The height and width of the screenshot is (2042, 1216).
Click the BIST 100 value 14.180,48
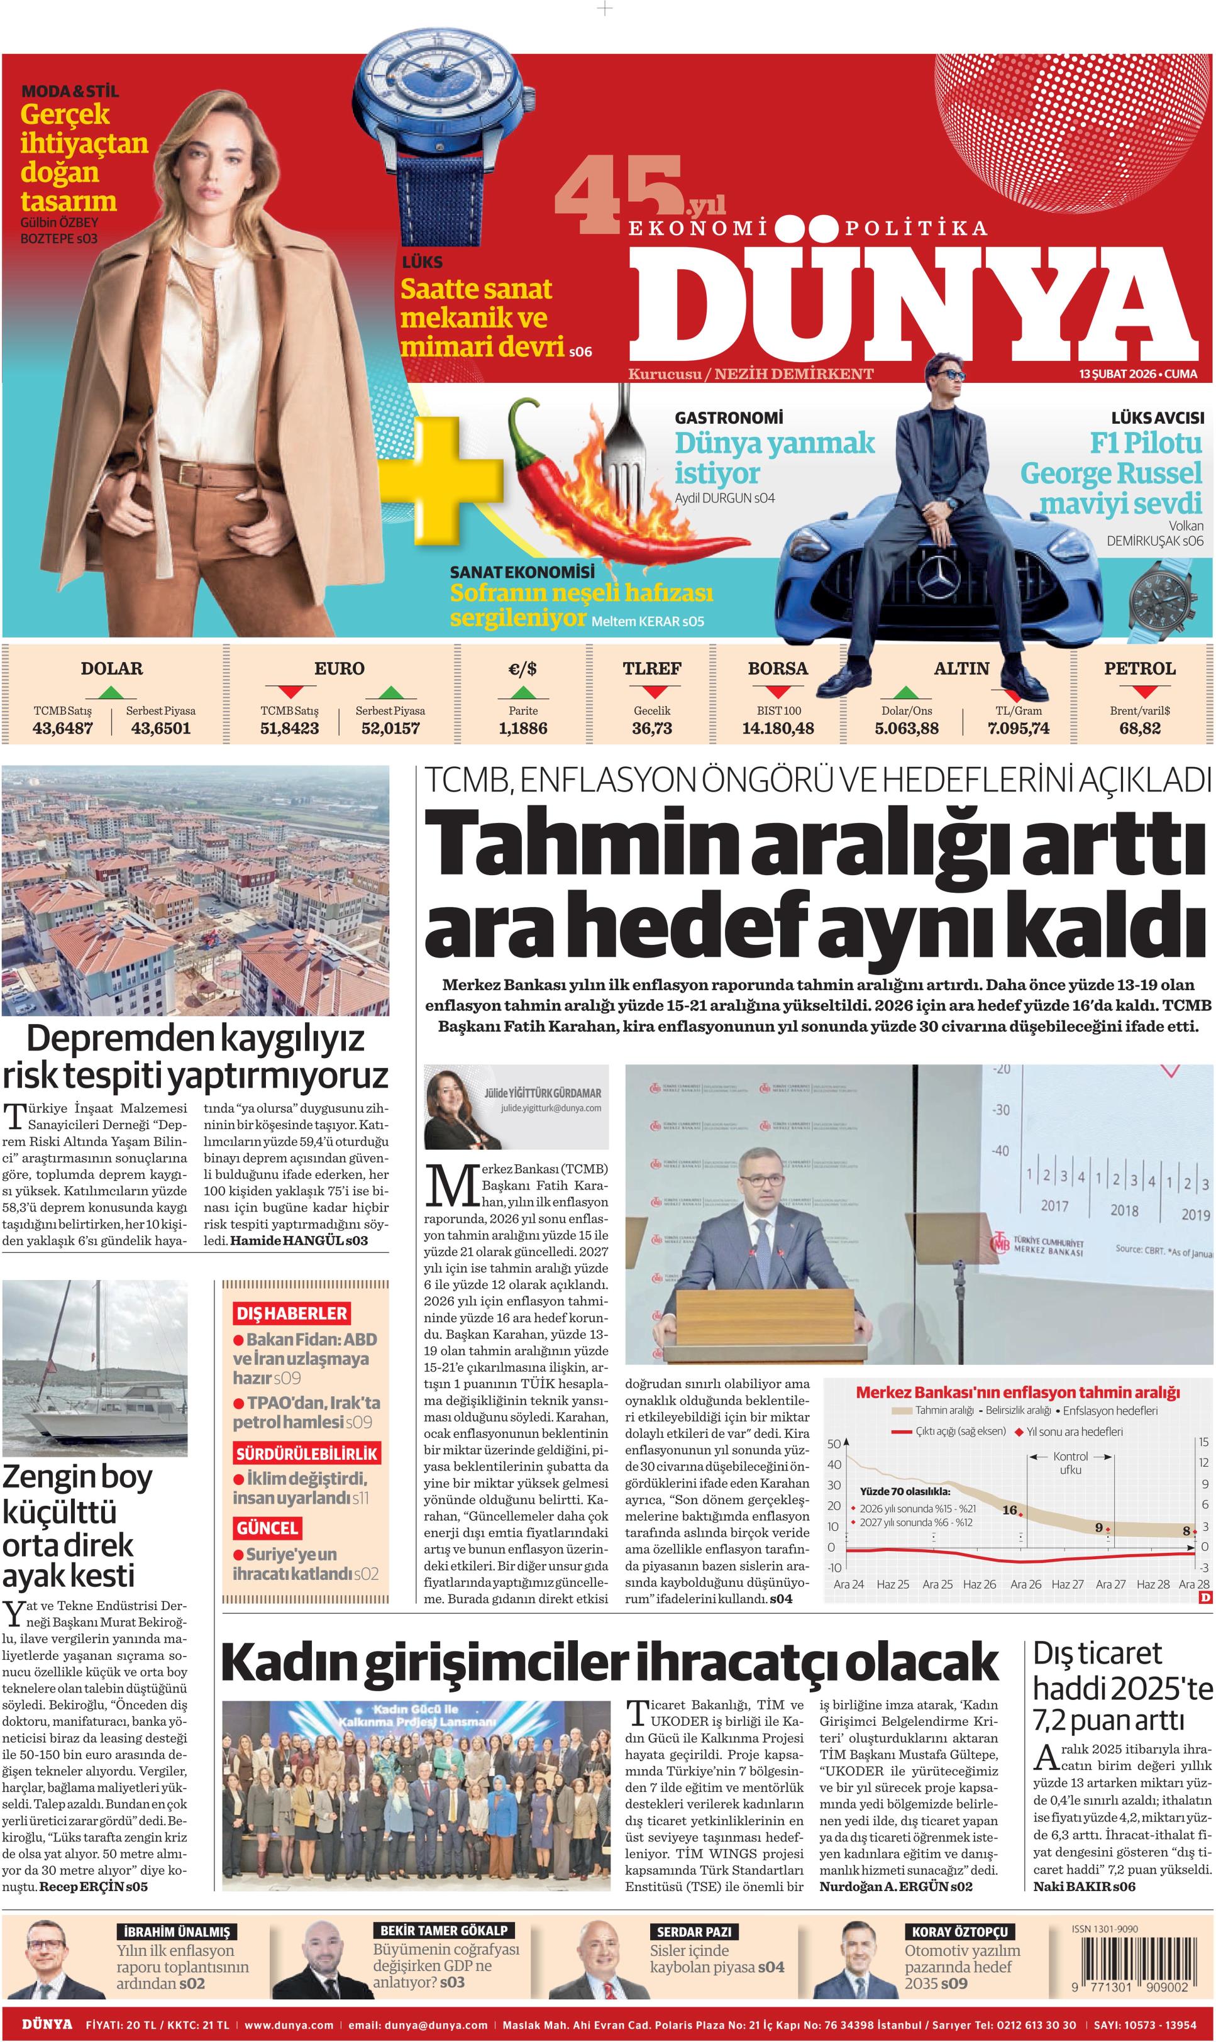tap(778, 728)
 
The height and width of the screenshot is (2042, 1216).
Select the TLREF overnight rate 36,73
tap(651, 728)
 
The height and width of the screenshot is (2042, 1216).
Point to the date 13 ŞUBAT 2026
tap(1116, 373)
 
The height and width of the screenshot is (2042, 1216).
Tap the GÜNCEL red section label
tap(267, 1528)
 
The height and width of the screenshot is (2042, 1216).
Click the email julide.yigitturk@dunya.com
tap(551, 1107)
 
